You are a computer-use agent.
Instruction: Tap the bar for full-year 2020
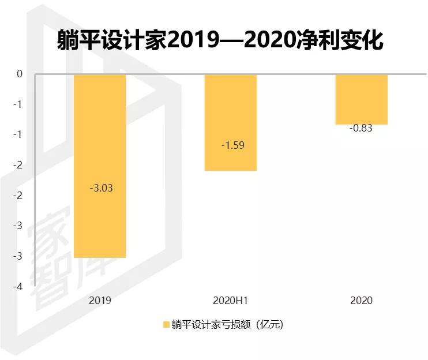pyautogui.click(x=362, y=99)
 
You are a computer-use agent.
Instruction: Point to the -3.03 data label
pyautogui.click(x=102, y=188)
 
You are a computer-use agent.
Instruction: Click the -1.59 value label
pyautogui.click(x=232, y=145)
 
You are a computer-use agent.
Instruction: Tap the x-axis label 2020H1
pyautogui.click(x=230, y=301)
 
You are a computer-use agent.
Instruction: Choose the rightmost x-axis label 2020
pyautogui.click(x=361, y=301)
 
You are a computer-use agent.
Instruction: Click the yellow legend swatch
pyautogui.click(x=166, y=325)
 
